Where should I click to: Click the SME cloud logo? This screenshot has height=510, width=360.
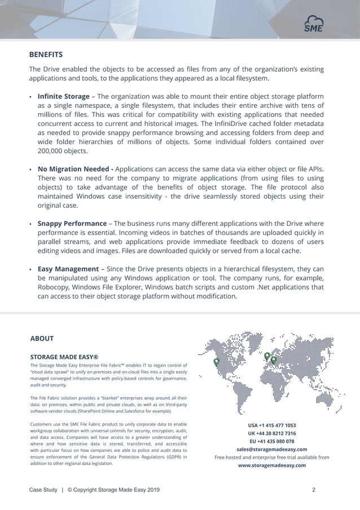314,23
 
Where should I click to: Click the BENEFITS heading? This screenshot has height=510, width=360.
46,55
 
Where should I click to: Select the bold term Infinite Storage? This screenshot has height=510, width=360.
63,97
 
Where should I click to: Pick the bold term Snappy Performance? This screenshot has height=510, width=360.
72,224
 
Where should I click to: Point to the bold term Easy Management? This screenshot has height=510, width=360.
68,269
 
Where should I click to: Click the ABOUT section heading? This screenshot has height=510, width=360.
42,339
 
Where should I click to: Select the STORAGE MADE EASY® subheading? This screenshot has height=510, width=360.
64,357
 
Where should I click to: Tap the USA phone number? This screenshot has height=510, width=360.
271,425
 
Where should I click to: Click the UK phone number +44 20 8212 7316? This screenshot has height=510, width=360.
271,433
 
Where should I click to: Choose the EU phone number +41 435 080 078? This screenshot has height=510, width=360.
271,441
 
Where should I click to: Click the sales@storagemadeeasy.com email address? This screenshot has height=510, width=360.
271,450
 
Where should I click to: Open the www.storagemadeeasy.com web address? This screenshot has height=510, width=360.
271,465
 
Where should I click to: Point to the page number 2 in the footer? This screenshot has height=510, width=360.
313,490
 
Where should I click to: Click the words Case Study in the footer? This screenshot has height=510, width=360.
43,490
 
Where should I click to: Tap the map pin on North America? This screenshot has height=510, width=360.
216,363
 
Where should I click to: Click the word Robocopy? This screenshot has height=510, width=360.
55,287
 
